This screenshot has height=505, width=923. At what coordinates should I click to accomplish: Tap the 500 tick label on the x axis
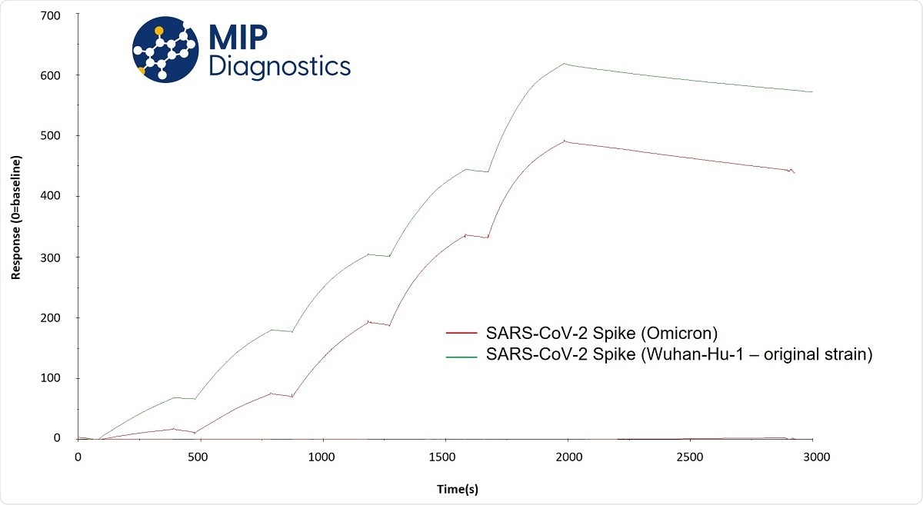click(x=200, y=457)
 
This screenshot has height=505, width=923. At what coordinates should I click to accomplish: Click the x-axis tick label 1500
click(x=445, y=457)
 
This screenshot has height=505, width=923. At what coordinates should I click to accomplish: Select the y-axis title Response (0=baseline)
click(x=16, y=218)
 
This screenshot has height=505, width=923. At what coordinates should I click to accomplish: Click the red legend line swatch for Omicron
click(x=461, y=334)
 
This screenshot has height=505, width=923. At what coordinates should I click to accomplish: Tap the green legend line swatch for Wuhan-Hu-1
click(x=461, y=355)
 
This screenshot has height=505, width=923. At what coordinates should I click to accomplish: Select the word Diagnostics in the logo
click(x=280, y=66)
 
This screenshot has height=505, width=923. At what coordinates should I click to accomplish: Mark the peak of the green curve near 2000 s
click(x=565, y=64)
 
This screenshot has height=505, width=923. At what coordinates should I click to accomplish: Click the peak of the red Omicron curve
click(x=565, y=141)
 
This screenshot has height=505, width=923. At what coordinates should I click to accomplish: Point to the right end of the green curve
click(x=812, y=91)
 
